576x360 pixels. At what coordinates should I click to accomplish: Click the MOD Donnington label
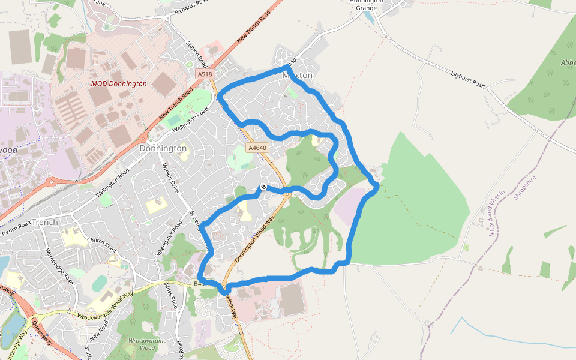point(118,84)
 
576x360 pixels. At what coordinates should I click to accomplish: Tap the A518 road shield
point(205,74)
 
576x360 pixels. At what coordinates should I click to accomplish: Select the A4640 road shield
point(257,148)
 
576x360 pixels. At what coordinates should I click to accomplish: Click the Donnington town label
point(163,148)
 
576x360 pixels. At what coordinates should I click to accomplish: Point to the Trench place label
point(45,222)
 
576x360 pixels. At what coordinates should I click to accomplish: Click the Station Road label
point(196,53)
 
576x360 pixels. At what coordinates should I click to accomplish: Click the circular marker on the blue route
point(263,187)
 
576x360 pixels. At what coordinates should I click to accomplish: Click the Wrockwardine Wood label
point(143,343)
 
